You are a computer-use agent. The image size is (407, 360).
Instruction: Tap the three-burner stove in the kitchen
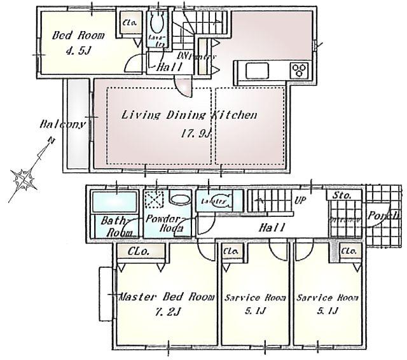tap(300, 71)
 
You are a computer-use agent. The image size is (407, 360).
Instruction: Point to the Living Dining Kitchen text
tap(189, 115)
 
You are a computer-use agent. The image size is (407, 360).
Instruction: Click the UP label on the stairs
tap(298, 199)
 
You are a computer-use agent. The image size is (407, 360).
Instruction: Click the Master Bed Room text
tap(167, 296)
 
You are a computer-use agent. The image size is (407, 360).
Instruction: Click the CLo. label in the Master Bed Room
tap(139, 252)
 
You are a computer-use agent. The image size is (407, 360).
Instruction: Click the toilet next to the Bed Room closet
tap(156, 26)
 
